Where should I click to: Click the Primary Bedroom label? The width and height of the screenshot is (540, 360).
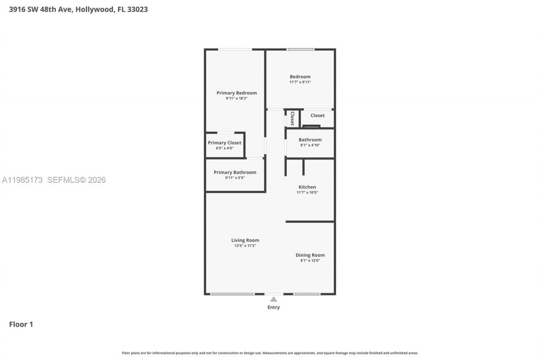(236, 93)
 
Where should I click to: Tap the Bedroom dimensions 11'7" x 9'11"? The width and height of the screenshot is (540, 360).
(300, 82)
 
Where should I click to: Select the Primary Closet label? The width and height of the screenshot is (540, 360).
(224, 143)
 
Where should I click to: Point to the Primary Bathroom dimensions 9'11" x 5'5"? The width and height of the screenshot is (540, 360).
(235, 178)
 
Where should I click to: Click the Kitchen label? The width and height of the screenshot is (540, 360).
(307, 187)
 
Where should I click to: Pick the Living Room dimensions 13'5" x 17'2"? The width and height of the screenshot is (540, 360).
(245, 246)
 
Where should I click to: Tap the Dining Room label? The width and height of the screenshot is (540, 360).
(310, 255)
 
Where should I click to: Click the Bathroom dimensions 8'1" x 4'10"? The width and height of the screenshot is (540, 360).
(310, 145)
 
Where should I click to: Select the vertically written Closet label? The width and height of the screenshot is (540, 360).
(292, 119)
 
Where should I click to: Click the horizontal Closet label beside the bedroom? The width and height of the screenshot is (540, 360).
(317, 116)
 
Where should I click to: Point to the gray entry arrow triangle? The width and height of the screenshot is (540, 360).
(273, 299)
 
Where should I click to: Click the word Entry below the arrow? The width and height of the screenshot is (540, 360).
(273, 307)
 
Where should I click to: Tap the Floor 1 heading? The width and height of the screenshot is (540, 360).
(21, 324)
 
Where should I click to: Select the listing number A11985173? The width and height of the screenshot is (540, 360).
(22, 180)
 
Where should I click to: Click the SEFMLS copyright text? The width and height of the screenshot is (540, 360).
(76, 180)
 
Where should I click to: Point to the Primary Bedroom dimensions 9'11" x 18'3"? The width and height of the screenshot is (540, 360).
(236, 98)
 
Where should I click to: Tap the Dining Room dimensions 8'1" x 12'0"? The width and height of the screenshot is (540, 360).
(310, 260)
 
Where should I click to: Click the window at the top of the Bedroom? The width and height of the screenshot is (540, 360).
(300, 49)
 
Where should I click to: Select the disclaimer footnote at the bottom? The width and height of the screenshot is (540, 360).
(270, 353)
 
